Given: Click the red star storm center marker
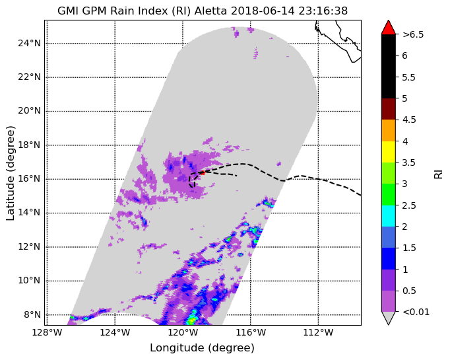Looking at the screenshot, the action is [203, 172].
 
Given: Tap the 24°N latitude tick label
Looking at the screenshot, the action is [29, 44].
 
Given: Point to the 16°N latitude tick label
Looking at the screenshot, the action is [29, 179].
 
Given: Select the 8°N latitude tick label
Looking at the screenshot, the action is [32, 314].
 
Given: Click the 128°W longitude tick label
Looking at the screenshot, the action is [48, 333].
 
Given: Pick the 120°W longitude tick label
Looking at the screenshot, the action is [183, 333].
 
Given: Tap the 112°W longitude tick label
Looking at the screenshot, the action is [318, 333].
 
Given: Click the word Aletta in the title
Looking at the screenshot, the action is [210, 11].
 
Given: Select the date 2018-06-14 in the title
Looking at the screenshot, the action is [263, 11].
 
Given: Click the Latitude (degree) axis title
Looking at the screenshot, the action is [10, 173].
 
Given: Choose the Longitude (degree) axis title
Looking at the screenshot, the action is [202, 348].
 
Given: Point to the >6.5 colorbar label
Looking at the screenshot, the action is [413, 34].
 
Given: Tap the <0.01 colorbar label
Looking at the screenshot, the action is [416, 312].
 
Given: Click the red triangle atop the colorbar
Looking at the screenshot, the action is [388, 28].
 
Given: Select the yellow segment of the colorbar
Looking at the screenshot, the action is [388, 152].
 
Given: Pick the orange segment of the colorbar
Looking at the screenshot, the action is [388, 130].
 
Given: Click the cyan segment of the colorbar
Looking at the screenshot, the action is [388, 216].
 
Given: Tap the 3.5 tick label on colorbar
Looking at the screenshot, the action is [409, 162].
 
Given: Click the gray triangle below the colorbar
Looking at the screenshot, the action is [388, 317].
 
